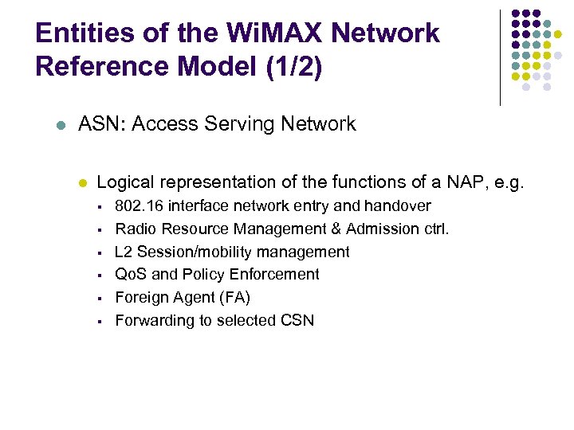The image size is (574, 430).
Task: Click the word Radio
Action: point(135,229)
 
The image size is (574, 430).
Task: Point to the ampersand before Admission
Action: point(333,229)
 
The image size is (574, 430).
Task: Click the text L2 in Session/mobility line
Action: point(124,252)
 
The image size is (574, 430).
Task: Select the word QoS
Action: point(131,275)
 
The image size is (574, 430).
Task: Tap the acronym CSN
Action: point(297,321)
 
